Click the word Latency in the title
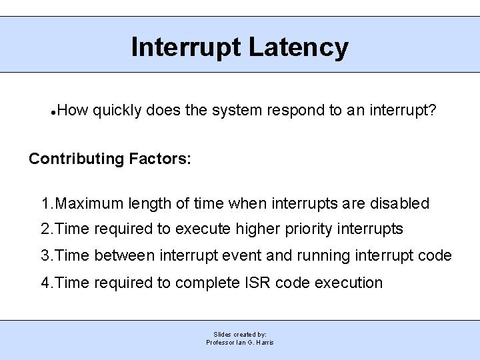(298, 48)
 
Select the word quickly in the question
(117, 110)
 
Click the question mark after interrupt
(433, 110)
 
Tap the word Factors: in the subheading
(160, 159)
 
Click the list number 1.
(45, 203)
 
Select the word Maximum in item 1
(85, 203)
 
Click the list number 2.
(45, 229)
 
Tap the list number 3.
(45, 256)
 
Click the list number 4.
(45, 283)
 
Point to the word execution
(349, 283)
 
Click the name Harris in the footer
(263, 342)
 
